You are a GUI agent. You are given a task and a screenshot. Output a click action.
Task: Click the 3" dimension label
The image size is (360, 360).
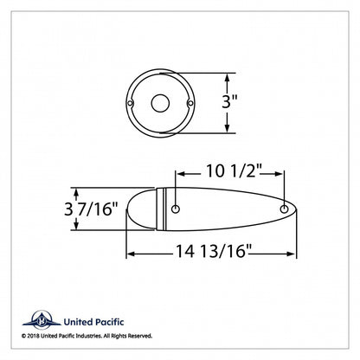coord(229,101)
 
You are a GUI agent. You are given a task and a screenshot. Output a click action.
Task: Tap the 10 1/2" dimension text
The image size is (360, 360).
coord(234,171)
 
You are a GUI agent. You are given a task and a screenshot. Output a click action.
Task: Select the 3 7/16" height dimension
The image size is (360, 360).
coord(91,209)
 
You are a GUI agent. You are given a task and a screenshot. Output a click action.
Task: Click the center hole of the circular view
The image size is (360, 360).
coord(160,103)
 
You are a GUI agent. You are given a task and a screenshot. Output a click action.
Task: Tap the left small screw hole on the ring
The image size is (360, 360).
coord(131,103)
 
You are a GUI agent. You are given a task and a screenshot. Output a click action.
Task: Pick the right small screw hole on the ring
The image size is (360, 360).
coord(190,103)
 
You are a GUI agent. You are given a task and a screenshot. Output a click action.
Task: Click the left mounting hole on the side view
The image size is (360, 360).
coord(176,209)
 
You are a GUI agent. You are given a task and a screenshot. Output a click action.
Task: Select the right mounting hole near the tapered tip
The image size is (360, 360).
coord(285,209)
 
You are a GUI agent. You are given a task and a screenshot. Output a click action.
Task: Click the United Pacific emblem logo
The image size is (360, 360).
coord(42,319)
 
